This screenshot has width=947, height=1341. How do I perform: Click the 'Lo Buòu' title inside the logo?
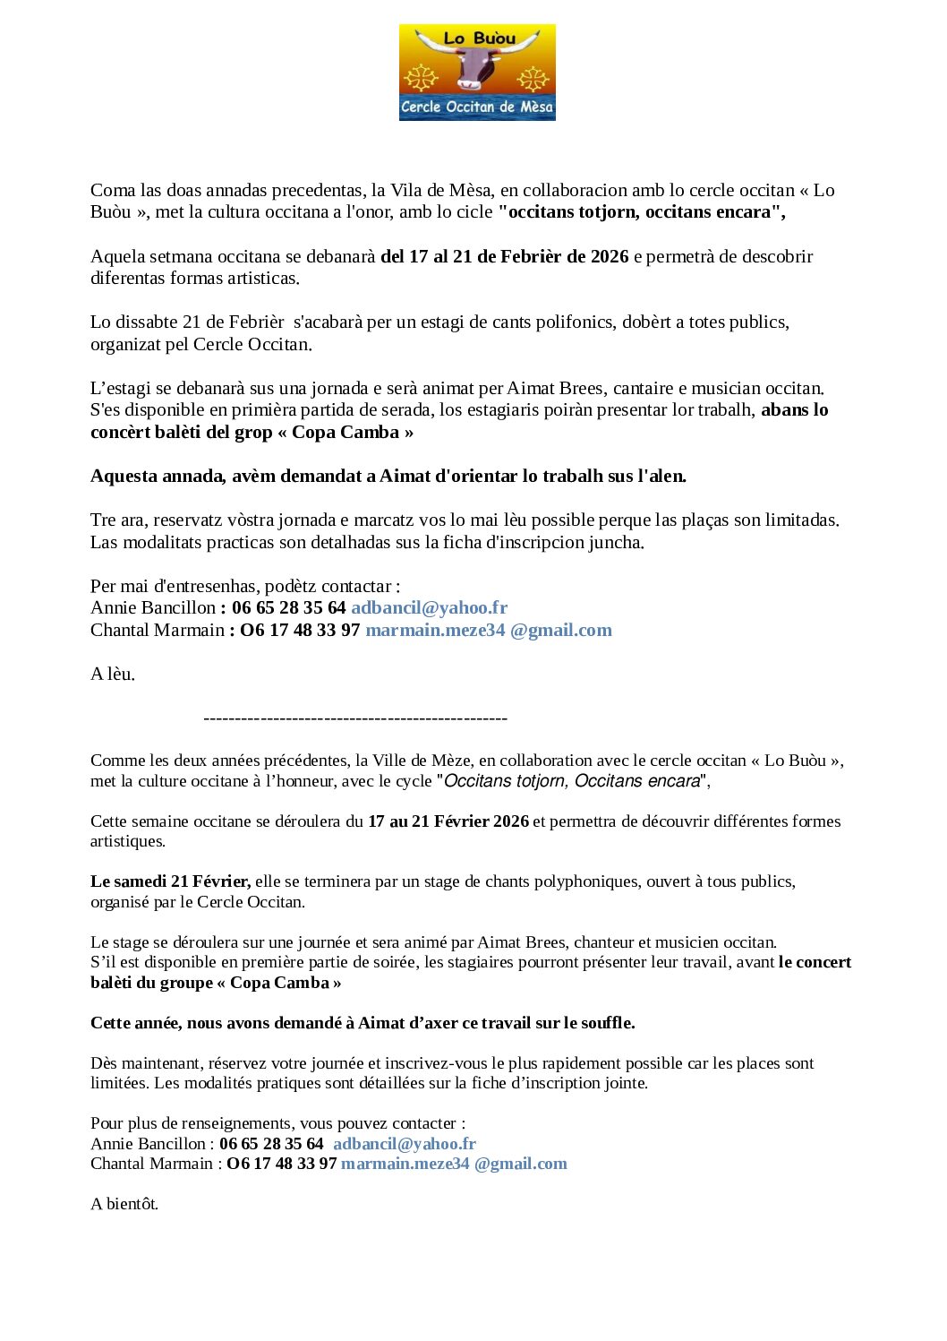(x=480, y=39)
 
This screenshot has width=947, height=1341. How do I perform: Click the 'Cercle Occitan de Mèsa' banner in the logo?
(x=477, y=107)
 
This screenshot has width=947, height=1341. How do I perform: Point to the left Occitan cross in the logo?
(x=420, y=78)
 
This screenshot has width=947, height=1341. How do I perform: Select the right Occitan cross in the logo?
(x=533, y=79)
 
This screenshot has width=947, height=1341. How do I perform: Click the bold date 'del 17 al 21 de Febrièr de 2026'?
(x=504, y=256)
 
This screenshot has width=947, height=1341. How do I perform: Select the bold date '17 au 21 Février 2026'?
(x=448, y=821)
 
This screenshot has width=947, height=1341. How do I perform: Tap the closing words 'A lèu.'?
(x=113, y=674)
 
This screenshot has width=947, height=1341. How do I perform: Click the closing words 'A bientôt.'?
(x=124, y=1203)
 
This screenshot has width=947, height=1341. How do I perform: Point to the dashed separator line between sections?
(x=355, y=718)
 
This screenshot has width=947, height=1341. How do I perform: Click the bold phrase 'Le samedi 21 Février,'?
(x=170, y=881)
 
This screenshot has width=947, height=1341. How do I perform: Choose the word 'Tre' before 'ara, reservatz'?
(x=103, y=520)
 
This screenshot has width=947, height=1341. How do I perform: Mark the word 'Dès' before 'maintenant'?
(x=104, y=1062)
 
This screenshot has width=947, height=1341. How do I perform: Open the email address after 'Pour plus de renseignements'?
(x=404, y=1143)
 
